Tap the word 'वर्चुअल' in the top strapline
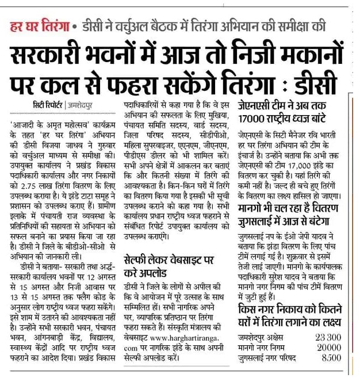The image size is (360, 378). pyautogui.click(x=142, y=26)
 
